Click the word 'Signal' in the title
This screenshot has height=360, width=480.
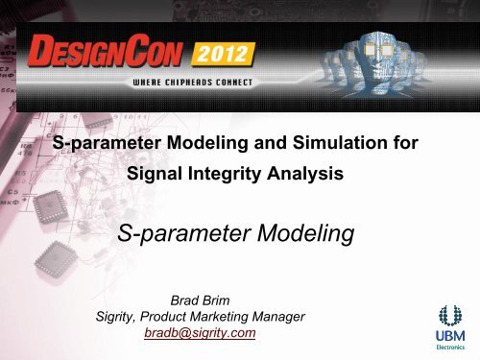point(156,178)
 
